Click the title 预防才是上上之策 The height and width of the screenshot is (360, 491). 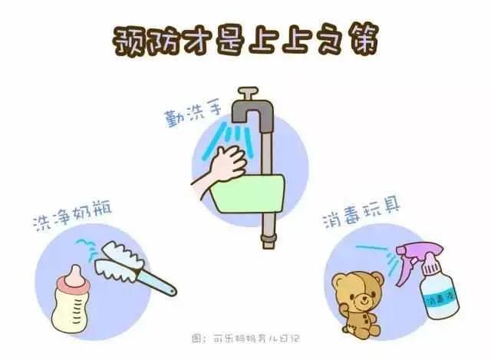(x=245, y=38)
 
